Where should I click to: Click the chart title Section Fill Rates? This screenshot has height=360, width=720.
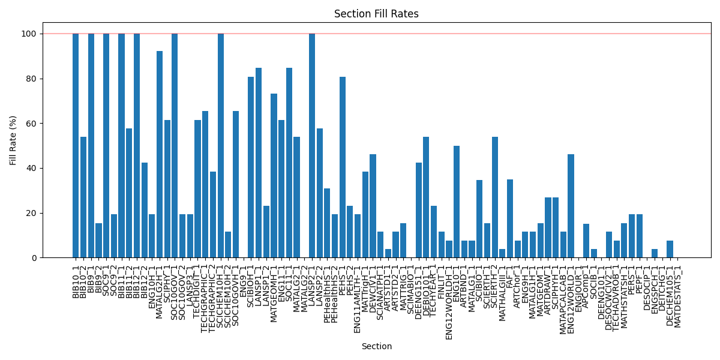click(x=376, y=14)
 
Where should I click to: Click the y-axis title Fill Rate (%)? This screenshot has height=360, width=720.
click(x=13, y=140)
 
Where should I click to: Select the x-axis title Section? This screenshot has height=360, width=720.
click(x=376, y=346)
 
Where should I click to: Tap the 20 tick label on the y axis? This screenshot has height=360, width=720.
click(x=49, y=213)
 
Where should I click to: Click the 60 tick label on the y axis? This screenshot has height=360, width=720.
click(x=49, y=124)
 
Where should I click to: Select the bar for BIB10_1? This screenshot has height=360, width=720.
click(x=76, y=146)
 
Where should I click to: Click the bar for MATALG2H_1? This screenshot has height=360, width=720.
click(x=160, y=155)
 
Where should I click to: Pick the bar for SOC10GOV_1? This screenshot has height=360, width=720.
click(x=175, y=146)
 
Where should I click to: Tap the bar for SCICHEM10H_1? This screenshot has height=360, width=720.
click(x=220, y=146)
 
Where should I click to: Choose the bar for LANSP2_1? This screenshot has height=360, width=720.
click(x=312, y=146)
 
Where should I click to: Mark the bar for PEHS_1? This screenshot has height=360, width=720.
click(x=343, y=167)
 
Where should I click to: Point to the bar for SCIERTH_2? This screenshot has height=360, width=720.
click(x=495, y=197)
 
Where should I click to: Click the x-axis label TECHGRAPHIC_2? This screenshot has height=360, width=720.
click(x=213, y=291)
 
